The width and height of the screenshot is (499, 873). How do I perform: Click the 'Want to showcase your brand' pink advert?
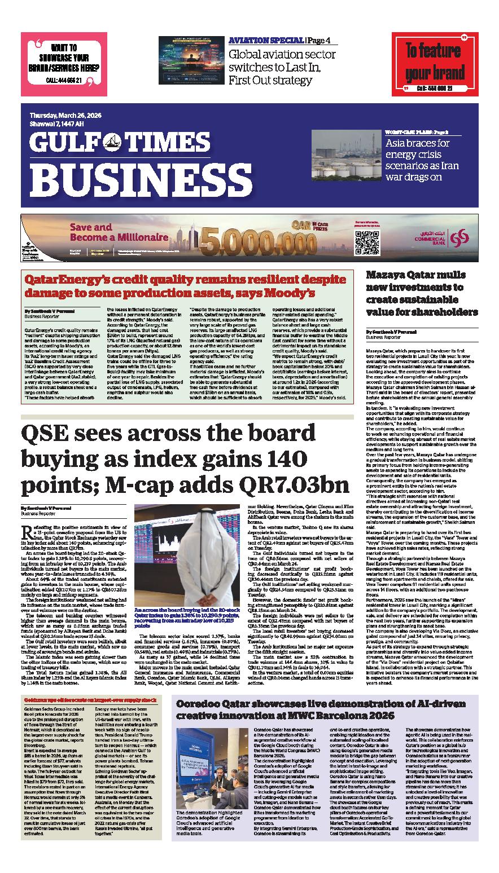click(64, 63)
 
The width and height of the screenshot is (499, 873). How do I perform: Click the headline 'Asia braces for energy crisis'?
click(422, 160)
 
